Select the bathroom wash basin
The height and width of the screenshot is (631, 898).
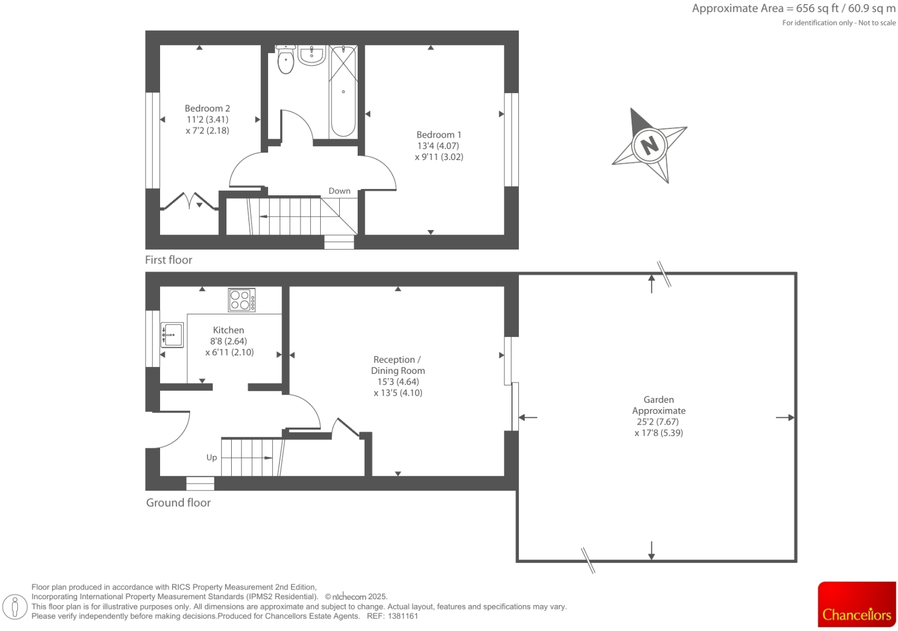point(311,56)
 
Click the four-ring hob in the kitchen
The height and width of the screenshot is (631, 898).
point(242,300)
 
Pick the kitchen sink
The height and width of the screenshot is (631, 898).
point(172,335)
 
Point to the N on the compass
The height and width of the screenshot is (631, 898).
point(650,144)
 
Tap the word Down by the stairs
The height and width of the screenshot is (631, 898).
point(339,191)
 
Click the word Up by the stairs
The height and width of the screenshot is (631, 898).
point(211,457)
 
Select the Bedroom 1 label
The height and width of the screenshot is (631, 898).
point(439,135)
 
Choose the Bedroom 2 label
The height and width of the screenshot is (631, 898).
point(207,108)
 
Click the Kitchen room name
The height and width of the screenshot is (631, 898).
point(228,330)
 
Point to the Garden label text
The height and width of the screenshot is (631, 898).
point(658,399)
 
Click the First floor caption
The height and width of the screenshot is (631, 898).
point(168,260)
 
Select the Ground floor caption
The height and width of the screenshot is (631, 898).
point(178,503)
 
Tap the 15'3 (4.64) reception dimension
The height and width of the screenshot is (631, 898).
point(398,381)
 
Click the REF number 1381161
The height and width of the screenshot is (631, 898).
point(404,616)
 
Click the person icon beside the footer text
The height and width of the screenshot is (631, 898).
point(15,607)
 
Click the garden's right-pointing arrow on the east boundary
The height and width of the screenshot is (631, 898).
point(785,417)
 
